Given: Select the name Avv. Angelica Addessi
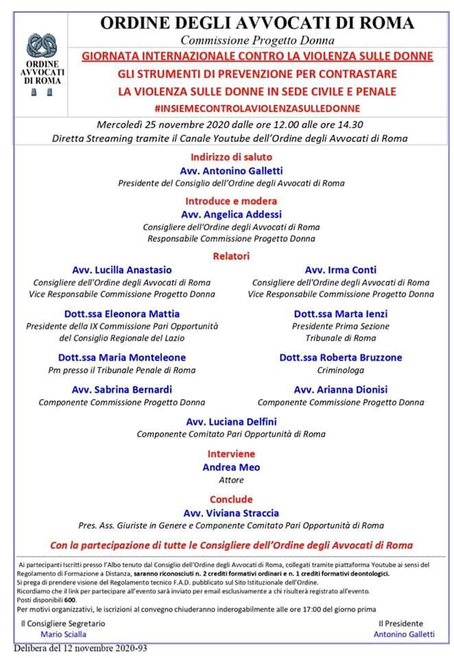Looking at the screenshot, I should [230, 214].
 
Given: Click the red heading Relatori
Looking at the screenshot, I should [231, 256].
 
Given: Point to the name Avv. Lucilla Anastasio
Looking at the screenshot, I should [122, 269].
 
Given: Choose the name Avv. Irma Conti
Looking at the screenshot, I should [341, 269].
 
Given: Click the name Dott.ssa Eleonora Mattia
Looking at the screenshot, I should [122, 313].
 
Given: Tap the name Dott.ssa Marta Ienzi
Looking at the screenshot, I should [341, 313].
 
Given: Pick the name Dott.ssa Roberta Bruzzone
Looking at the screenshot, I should [341, 357].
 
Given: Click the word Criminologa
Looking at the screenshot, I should [341, 370].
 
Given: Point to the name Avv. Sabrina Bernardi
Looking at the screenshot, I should [122, 389].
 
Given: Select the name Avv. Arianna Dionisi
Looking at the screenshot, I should [341, 389].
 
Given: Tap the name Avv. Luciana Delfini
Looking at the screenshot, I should [231, 422].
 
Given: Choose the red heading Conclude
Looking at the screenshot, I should [231, 499].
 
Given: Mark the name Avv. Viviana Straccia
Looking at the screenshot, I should [231, 512].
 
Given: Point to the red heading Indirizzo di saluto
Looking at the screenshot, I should [231, 157].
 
